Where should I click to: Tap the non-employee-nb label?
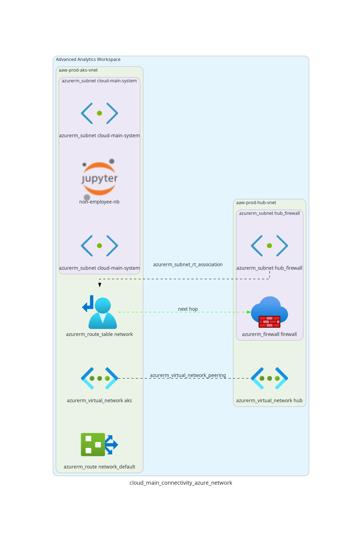point(99,202)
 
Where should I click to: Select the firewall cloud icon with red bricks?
point(269,312)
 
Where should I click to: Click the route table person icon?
point(100,312)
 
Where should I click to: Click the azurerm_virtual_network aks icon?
point(99,378)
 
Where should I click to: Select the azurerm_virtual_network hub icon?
point(269,378)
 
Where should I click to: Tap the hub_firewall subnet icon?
point(269,246)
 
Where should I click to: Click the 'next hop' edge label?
point(188,309)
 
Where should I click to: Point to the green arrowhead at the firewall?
point(249,312)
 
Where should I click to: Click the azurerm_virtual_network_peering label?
point(188,375)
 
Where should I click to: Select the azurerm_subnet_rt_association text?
point(188,264)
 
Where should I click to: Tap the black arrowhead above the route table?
point(100,285)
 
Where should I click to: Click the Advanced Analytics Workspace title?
point(88,59)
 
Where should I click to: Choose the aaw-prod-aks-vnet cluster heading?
point(78,70)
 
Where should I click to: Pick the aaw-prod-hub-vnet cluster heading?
point(256,203)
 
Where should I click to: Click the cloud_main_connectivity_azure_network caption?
point(181,483)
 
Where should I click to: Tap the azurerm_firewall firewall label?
point(269,334)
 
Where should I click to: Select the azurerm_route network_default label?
point(99,467)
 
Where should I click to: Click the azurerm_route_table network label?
point(99,334)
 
